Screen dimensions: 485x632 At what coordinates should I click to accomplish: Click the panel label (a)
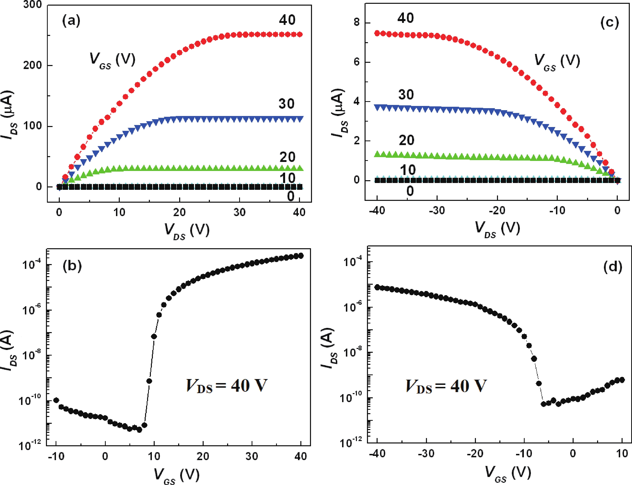tap(71, 21)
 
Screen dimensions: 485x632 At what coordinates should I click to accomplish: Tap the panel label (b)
tap(72, 266)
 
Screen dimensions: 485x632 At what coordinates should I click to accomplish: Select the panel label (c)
tap(610, 22)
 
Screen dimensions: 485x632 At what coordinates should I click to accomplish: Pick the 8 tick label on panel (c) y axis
tap(357, 22)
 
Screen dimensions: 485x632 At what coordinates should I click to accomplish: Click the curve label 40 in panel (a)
tap(287, 20)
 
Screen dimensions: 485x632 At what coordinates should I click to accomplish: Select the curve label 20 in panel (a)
tap(287, 157)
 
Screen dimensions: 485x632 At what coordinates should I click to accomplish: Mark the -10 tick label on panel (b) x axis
tap(56, 457)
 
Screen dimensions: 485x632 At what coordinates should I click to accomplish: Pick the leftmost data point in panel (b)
tap(56, 400)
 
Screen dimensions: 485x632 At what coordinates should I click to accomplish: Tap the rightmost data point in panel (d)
tap(622, 380)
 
